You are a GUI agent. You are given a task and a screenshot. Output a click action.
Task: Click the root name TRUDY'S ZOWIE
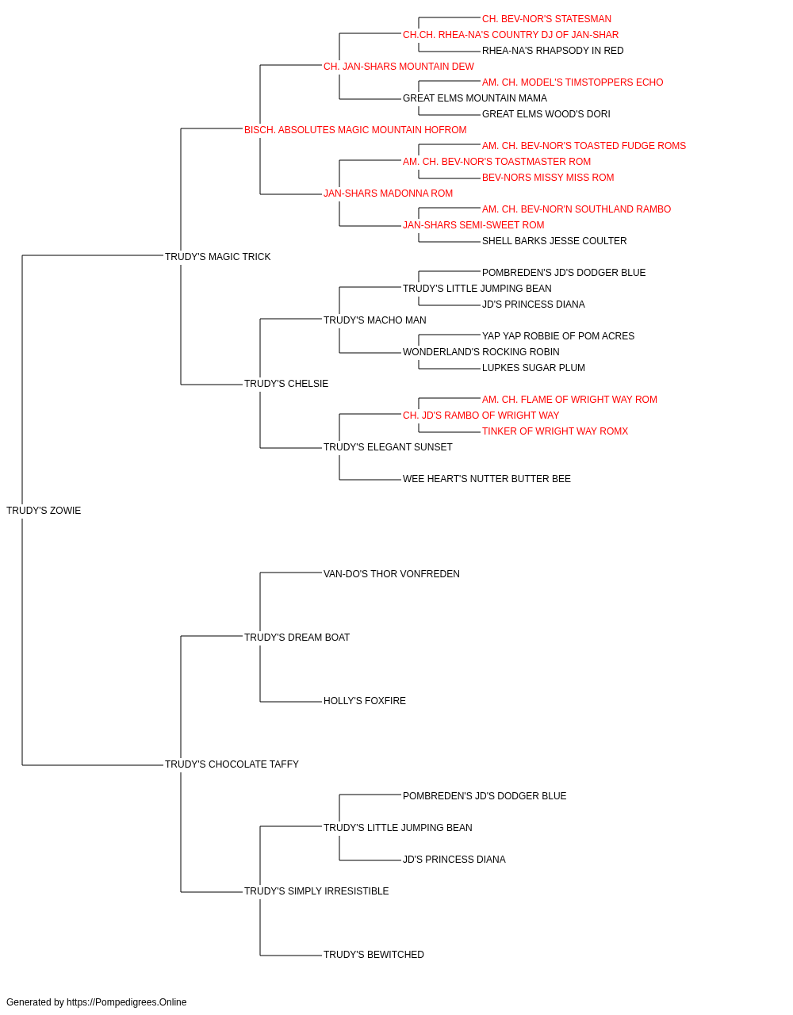[x=44, y=511]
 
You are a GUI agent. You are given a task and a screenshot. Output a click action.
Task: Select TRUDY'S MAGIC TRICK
[x=217, y=257]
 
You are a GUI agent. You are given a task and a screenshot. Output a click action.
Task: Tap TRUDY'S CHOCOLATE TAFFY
[x=232, y=764]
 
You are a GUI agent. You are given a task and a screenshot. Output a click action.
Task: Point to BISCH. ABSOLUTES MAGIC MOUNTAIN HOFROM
[x=355, y=130]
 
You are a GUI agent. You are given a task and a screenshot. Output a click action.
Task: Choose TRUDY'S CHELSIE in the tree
[x=286, y=384]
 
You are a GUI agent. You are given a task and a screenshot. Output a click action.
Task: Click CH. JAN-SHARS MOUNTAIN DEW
[x=399, y=67]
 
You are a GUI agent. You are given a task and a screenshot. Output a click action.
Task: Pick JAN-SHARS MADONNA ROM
[x=388, y=193]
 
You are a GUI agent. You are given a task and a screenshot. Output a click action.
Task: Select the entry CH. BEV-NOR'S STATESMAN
[x=546, y=19]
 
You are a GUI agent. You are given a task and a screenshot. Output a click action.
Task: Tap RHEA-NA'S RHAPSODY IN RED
[x=553, y=51]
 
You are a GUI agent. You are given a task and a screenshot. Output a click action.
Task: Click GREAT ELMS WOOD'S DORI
[x=546, y=114]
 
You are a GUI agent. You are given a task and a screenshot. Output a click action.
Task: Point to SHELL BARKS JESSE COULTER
[x=554, y=241]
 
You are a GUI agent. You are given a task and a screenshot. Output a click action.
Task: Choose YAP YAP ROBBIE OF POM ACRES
[x=558, y=336]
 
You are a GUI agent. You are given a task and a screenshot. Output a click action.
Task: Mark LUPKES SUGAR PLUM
[x=534, y=368]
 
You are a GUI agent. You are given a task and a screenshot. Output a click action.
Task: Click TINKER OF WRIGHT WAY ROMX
[x=555, y=431]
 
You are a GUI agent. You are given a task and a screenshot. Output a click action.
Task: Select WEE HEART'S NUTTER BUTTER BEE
[x=487, y=479]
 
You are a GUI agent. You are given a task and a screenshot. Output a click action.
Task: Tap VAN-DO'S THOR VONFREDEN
[x=392, y=574]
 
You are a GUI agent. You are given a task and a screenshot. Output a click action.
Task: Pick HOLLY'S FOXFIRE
[x=365, y=701]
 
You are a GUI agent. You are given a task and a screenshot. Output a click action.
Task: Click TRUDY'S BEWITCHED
[x=374, y=954]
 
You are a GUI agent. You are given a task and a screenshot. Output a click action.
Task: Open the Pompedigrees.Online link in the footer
[x=126, y=1002]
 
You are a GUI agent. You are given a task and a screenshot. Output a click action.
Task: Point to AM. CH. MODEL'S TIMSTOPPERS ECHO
[x=573, y=82]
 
